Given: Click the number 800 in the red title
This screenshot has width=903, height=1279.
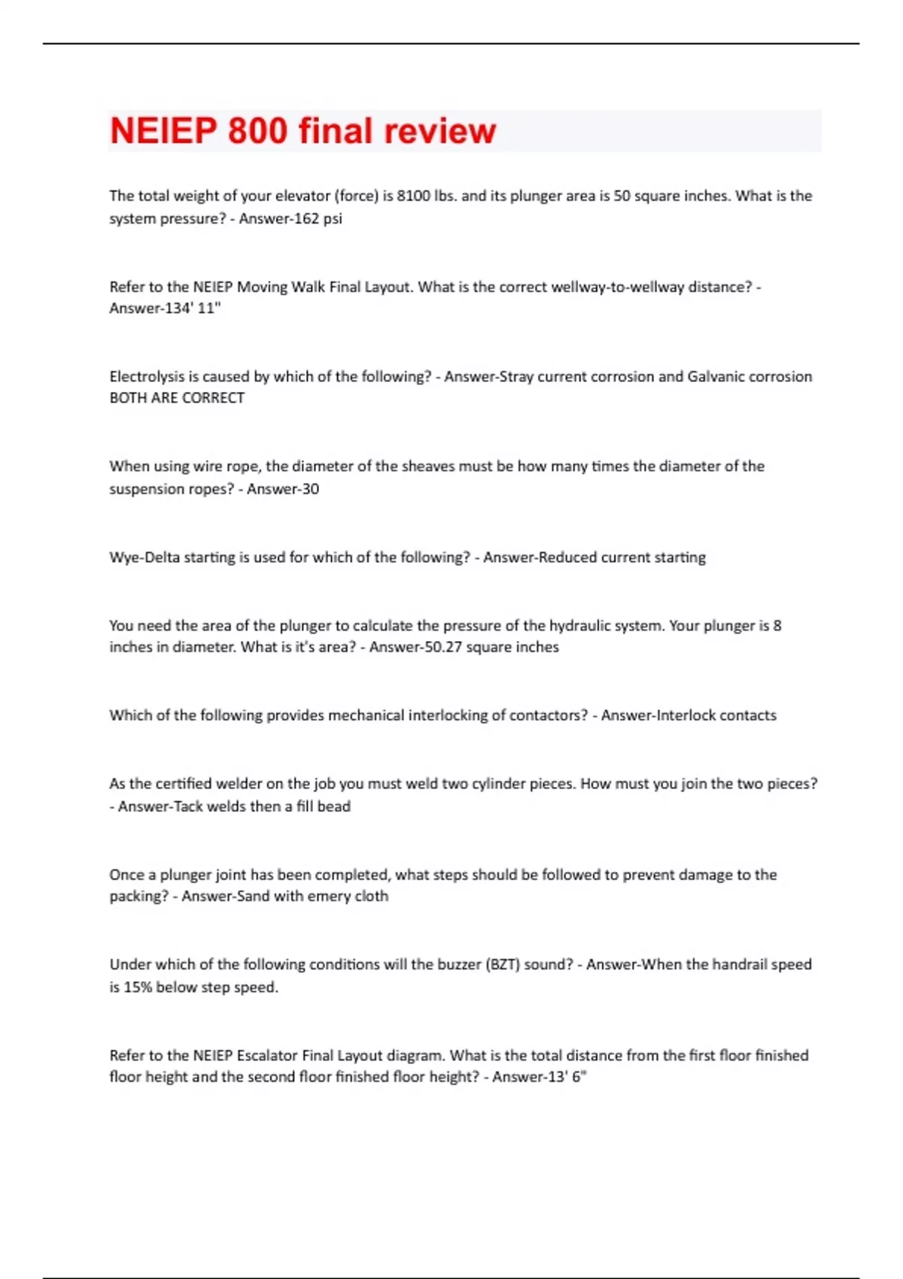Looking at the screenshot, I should tap(257, 131).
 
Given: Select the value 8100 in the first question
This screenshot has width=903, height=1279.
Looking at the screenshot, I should tap(414, 196).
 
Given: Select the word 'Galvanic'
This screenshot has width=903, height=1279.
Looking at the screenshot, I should tap(716, 377).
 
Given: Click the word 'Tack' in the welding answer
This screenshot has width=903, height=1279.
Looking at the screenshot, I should tap(190, 807).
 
